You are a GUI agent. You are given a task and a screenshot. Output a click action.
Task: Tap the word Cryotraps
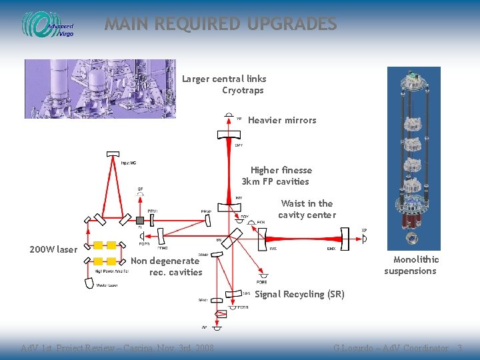[x=243, y=91]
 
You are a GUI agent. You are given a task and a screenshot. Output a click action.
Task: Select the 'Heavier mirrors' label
[x=282, y=121]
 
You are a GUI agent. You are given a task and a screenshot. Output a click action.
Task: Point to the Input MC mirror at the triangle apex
[x=113, y=155]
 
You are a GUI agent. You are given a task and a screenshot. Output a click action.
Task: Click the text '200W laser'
[x=53, y=250]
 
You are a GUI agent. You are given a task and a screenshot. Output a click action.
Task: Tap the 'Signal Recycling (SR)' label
[x=299, y=295]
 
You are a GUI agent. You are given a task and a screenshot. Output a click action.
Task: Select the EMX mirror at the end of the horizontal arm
[x=343, y=235]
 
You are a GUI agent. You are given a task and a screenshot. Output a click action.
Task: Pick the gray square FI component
[x=140, y=220]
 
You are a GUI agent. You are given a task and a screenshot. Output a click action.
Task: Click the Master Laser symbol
[x=89, y=282]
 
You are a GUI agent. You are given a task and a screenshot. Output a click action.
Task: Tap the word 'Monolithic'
[x=416, y=259]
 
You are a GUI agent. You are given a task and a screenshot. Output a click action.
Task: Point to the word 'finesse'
[x=295, y=171]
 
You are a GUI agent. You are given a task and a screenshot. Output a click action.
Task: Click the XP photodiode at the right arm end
[x=364, y=238]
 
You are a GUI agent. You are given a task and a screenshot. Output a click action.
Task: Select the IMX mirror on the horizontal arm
[x=261, y=235]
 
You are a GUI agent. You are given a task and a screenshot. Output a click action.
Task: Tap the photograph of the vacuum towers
[x=100, y=89]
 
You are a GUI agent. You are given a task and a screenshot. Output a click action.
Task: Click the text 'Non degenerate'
[x=165, y=261]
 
